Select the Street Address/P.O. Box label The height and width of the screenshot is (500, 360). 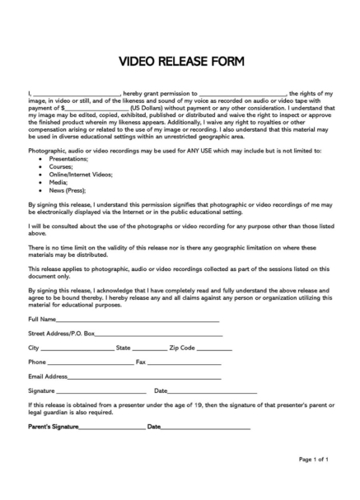pos(62,334)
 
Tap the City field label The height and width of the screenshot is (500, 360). pos(34,348)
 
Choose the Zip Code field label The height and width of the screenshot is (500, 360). pos(181,348)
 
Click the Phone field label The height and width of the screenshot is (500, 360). pos(37,362)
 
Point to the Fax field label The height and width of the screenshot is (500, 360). pos(140,362)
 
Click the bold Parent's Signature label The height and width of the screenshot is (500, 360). pos(54,427)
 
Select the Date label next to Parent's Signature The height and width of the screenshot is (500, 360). pos(154,427)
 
